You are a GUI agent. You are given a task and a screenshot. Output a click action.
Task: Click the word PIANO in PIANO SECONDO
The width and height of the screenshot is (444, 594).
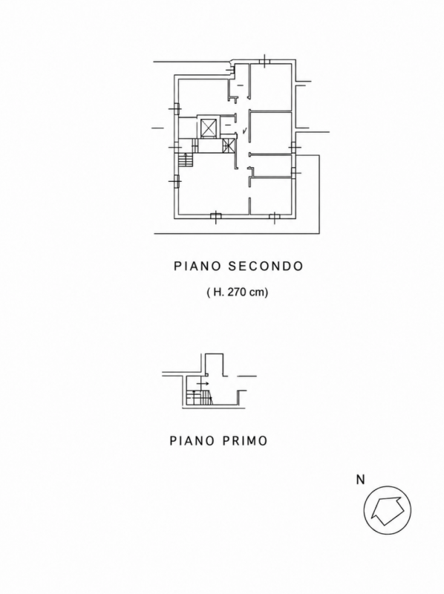pyautogui.click(x=197, y=266)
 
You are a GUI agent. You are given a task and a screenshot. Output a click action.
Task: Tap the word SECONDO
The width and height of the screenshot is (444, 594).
pyautogui.click(x=266, y=266)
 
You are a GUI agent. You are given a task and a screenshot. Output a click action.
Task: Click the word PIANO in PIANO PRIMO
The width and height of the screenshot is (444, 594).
pyautogui.click(x=192, y=441)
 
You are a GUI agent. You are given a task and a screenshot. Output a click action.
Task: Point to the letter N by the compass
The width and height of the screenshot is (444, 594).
pyautogui.click(x=360, y=480)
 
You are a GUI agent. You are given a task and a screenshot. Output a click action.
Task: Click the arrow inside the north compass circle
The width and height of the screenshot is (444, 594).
pyautogui.click(x=386, y=511)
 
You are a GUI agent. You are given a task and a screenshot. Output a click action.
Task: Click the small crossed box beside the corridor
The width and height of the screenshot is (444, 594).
pyautogui.click(x=229, y=146)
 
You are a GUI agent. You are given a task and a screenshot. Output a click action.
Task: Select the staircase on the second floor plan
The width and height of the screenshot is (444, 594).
pyautogui.click(x=186, y=160)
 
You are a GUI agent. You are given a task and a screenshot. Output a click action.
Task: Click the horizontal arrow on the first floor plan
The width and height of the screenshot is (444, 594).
pyautogui.click(x=203, y=384)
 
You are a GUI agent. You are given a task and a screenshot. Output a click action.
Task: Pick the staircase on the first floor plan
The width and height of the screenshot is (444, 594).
pyautogui.click(x=199, y=396)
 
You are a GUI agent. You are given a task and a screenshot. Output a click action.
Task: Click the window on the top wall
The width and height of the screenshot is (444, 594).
pyautogui.click(x=264, y=61)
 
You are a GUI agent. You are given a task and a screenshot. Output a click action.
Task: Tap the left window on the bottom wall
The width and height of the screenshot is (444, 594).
pyautogui.click(x=215, y=216)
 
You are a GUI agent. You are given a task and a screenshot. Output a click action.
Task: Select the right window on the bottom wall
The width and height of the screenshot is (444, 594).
pyautogui.click(x=274, y=217)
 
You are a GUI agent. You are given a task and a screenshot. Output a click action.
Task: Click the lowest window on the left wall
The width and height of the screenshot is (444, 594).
pyautogui.click(x=176, y=181)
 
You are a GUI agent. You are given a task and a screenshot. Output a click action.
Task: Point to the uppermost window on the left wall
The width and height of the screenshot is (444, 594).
pyautogui.click(x=176, y=109)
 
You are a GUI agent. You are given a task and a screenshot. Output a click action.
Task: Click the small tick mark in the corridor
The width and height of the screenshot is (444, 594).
pyautogui.click(x=244, y=131)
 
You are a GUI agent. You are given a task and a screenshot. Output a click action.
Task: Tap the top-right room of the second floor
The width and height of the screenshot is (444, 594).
pyautogui.click(x=271, y=86)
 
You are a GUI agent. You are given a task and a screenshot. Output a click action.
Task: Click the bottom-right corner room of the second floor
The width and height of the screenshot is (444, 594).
pyautogui.click(x=271, y=196)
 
